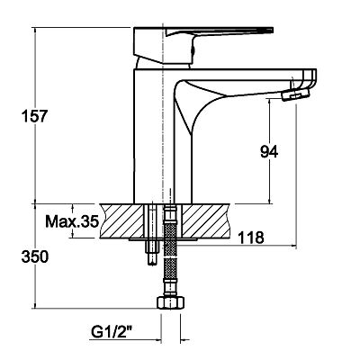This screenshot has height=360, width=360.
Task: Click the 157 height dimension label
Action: [34, 116]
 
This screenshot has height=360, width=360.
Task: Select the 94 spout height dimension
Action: [269, 152]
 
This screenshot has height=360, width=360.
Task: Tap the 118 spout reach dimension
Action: [251, 238]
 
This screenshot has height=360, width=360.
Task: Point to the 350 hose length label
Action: [34, 257]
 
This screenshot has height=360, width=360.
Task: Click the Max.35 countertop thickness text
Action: [72, 221]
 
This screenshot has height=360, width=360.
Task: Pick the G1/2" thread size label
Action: [112, 332]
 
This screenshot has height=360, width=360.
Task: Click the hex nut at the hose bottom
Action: [170, 302]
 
